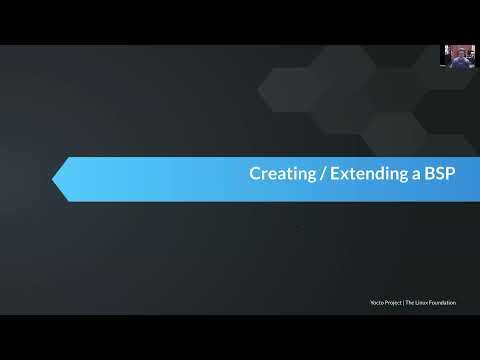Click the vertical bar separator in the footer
[404, 303]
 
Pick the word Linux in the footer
[423, 303]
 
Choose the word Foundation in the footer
[443, 303]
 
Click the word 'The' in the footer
[411, 303]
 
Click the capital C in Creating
[254, 174]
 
